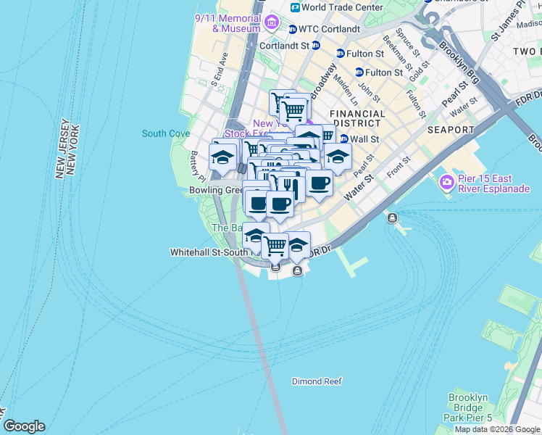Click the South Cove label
[x=166, y=133]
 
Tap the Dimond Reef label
[x=317, y=381]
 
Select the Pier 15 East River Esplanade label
[x=493, y=184]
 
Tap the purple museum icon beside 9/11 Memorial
[x=272, y=22]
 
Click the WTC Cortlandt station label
[x=329, y=29]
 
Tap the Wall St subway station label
[x=365, y=138]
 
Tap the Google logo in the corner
[x=23, y=426]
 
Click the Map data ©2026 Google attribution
[x=498, y=429]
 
